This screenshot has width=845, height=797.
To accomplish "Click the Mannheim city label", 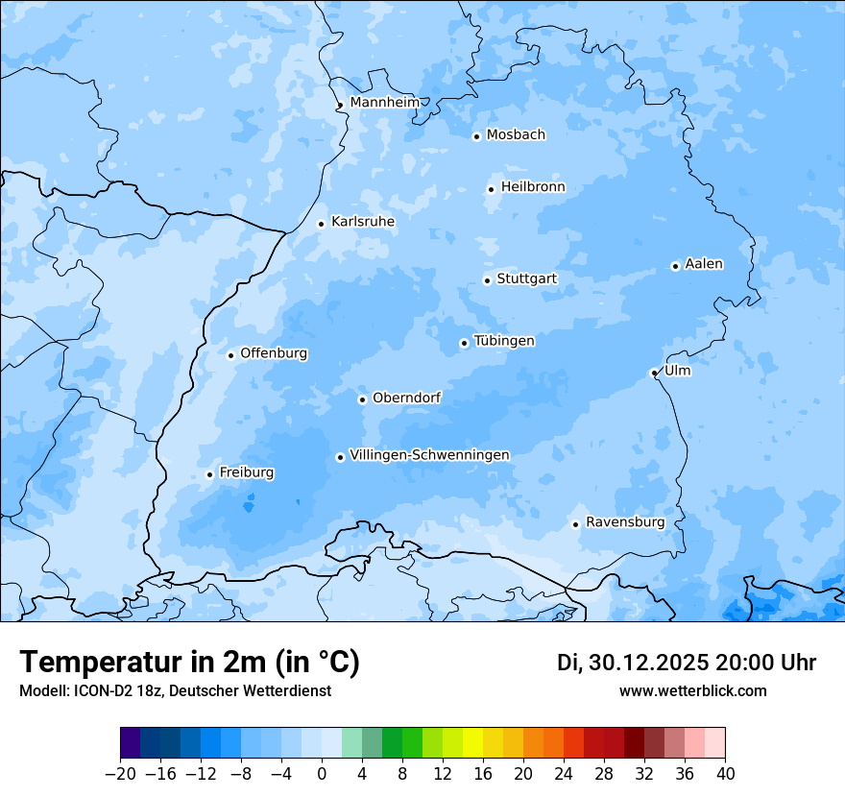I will [x=384, y=102].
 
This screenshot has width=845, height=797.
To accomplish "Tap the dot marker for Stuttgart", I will [x=487, y=280].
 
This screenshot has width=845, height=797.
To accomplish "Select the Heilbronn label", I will [x=533, y=186].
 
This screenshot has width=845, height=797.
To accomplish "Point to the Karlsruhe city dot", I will [x=322, y=224].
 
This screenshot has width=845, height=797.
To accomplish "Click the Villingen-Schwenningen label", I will [x=429, y=454].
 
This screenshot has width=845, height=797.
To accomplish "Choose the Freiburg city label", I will [x=246, y=472].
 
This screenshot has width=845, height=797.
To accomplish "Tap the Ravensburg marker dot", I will [x=575, y=524].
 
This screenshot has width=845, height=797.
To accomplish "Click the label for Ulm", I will [x=677, y=370].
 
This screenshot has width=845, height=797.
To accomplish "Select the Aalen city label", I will [x=704, y=263].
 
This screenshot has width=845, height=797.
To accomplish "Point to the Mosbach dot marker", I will [x=476, y=136].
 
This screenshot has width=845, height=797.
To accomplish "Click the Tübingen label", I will [x=504, y=341].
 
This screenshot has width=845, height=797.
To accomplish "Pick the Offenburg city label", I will [x=274, y=352].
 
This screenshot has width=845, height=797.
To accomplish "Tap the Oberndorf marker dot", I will [x=362, y=399].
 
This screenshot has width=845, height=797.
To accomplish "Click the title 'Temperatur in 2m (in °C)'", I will [x=189, y=663].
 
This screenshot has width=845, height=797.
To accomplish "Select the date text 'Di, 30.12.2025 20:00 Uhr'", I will [x=687, y=663].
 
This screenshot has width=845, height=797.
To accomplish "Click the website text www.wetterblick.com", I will [x=692, y=690].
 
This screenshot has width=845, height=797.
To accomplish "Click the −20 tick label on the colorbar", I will [x=120, y=773].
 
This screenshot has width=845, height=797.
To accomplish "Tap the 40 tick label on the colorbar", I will [x=725, y=773].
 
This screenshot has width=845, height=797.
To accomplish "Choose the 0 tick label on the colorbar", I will [x=322, y=773].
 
